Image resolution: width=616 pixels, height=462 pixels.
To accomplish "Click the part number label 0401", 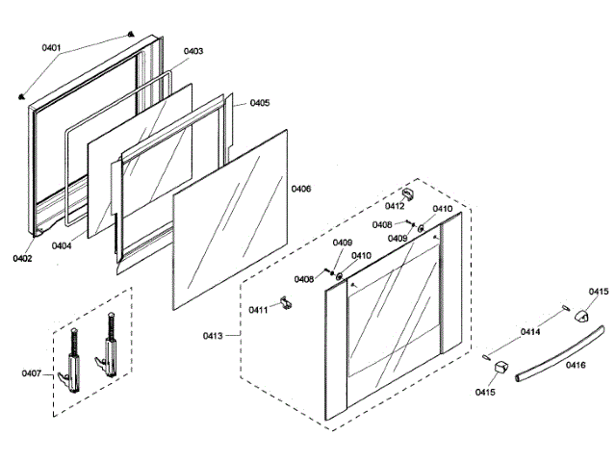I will coord(51,47).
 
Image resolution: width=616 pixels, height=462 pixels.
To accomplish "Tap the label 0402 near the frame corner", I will coord(22,258).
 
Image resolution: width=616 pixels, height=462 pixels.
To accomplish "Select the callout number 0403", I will coord(192,51).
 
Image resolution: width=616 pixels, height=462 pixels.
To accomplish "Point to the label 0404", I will coord(62,245).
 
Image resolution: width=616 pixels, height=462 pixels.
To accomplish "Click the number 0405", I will coord(260,103).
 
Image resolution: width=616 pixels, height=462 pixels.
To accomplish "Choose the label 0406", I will coord(301,189).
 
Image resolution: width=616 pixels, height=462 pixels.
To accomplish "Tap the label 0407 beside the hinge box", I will coord(33,372).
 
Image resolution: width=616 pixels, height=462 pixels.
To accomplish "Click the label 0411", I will coord(258,309).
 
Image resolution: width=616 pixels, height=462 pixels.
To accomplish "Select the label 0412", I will coord(395,206).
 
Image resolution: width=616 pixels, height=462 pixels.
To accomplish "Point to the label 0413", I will coord(213,336).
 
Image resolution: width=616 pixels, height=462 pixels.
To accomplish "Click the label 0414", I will coord(530,332).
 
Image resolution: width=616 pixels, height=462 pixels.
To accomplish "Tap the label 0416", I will coord(576,366).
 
